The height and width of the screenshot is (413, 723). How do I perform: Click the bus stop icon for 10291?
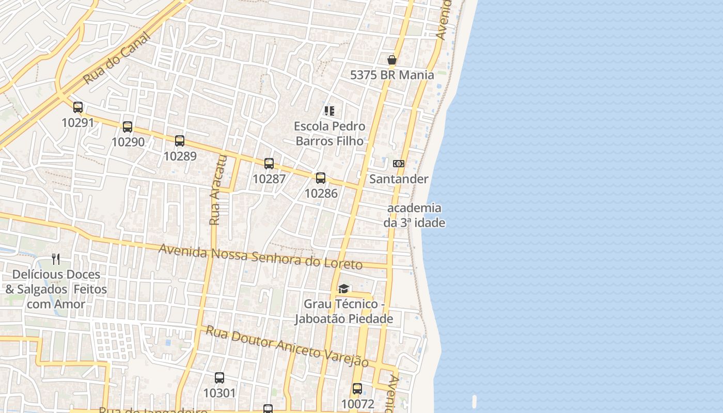tap(78, 107)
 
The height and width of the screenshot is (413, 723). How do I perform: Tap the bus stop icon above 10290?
tap(128, 126)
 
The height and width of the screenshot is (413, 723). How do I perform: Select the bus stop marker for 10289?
tap(180, 140)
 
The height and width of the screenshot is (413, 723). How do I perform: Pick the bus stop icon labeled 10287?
tap(269, 164)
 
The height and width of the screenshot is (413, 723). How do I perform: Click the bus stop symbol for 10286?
tap(321, 178)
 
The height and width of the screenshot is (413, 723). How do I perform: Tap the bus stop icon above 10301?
tap(219, 378)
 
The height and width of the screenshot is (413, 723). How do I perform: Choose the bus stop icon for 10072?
tap(357, 389)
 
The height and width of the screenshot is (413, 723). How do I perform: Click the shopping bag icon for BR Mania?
tap(392, 60)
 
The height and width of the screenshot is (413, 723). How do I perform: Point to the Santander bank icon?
tap(399, 164)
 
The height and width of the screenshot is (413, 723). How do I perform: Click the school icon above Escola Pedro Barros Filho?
tap(329, 111)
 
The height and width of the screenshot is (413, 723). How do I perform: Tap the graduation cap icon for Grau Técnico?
tap(343, 289)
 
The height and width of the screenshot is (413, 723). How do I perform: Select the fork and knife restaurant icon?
tap(56, 259)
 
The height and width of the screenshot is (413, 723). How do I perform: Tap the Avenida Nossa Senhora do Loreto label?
tap(260, 257)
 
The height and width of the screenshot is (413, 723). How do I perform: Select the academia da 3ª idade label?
tap(414, 215)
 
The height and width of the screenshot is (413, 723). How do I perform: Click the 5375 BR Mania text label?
tap(392, 75)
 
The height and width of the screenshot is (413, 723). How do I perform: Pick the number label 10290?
tap(128, 141)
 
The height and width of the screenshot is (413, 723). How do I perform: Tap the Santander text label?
tap(399, 179)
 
